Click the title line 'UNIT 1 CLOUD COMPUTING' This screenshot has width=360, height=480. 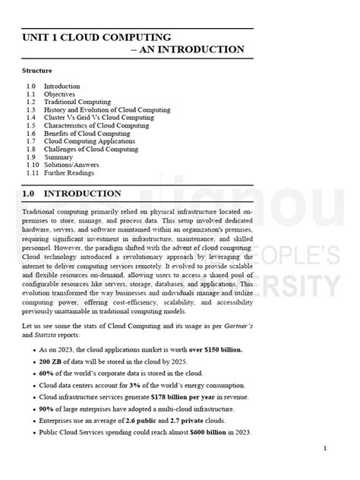click(96, 36)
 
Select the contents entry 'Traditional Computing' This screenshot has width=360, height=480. click(77, 102)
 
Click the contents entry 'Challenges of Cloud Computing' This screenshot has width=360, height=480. click(91, 150)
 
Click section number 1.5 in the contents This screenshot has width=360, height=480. click(30, 125)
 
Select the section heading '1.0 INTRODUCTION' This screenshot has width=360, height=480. click(71, 194)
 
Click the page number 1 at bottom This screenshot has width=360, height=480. click(324, 448)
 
